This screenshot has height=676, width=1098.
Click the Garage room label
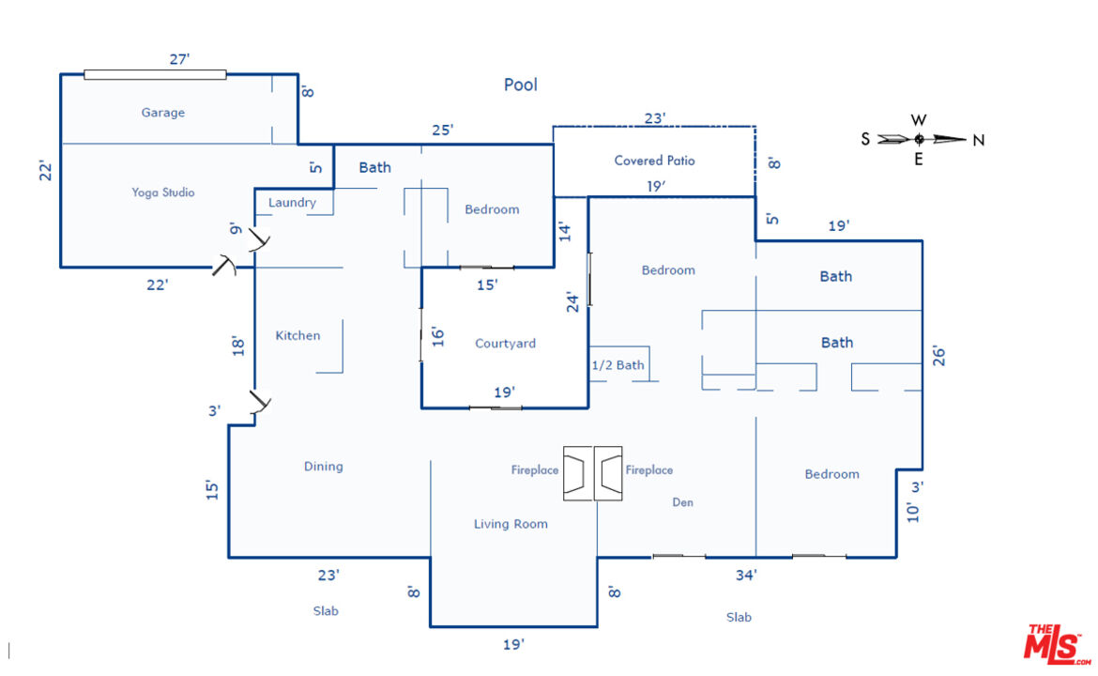[163, 113]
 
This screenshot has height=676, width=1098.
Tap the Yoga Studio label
[163, 192]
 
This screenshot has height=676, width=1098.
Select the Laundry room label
[292, 203]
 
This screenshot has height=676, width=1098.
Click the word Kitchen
[297, 335]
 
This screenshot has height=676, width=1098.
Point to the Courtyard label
[505, 344]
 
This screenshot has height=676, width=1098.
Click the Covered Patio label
[655, 161]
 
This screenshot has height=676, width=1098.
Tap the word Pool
[521, 84]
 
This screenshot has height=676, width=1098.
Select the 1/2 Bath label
[618, 365]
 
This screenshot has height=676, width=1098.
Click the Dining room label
[324, 467]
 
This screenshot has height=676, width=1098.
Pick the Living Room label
[511, 524]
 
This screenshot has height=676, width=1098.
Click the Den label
[683, 502]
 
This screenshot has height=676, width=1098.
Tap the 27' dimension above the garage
[179, 59]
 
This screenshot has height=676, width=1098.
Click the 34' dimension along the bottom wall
[746, 576]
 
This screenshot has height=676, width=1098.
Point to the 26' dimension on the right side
[939, 356]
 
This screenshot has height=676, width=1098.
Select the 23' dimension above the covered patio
[655, 118]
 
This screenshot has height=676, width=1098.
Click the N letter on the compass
[979, 140]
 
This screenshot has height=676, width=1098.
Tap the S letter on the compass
[865, 139]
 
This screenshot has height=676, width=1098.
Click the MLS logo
[1057, 644]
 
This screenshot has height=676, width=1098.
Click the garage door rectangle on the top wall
[155, 74]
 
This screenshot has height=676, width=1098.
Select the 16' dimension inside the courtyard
[438, 336]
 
